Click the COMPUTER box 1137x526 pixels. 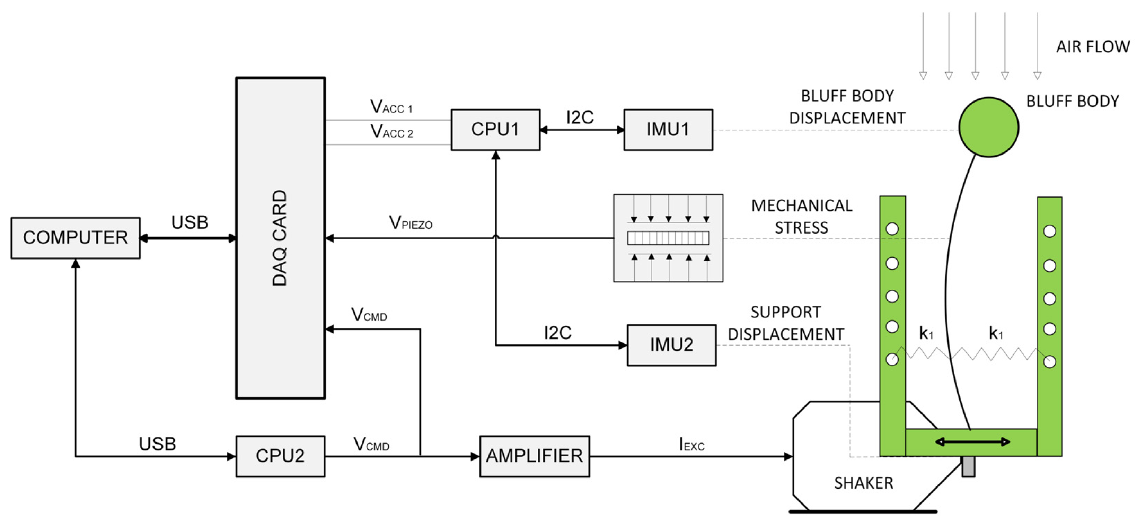[x=76, y=238]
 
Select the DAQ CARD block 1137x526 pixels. [x=280, y=238]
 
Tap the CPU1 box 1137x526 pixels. [x=495, y=130]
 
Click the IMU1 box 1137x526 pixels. [x=668, y=130]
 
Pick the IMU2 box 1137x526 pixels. [x=671, y=345]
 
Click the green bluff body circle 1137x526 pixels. [x=989, y=127]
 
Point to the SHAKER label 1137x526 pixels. [x=863, y=483]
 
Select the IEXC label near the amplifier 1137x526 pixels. [x=691, y=444]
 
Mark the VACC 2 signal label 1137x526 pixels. [x=391, y=132]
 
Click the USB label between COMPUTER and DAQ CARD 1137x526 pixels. [x=190, y=222]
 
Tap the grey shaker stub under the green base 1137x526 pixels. [x=968, y=467]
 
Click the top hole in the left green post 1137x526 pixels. [x=892, y=229]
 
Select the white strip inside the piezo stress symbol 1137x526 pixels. [x=668, y=238]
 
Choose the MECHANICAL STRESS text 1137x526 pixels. [x=802, y=217]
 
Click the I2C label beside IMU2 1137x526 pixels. [x=557, y=333]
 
